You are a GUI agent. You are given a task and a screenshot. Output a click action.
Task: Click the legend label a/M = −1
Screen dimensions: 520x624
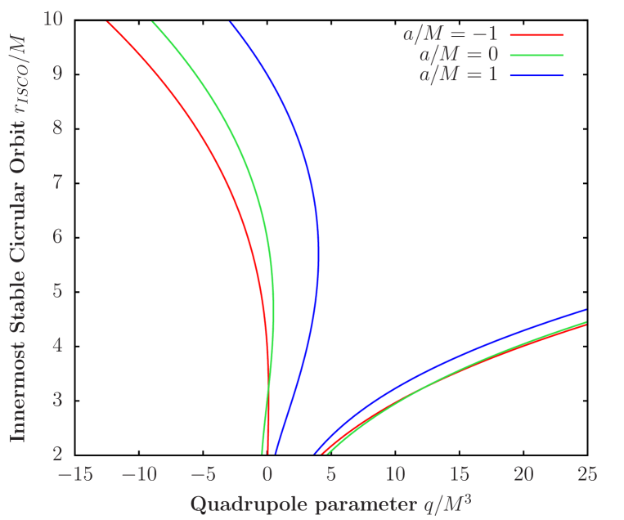coord(450,35)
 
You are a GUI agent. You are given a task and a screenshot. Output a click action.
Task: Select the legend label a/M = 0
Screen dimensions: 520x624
coord(458,55)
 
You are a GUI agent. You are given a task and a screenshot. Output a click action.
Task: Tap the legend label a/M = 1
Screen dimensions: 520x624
coord(458,75)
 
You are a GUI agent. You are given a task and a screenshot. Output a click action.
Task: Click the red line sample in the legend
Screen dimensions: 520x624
coord(536,36)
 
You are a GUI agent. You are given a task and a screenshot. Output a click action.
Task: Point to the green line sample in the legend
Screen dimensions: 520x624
coord(536,56)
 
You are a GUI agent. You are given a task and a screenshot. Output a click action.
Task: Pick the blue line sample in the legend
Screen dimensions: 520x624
coord(536,76)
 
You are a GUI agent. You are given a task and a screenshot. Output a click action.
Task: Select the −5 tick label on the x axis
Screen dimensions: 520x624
coord(204,474)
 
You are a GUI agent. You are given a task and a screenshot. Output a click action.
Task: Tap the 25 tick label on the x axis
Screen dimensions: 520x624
coord(586,474)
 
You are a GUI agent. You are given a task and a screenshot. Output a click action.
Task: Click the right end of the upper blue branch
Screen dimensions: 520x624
coord(586,310)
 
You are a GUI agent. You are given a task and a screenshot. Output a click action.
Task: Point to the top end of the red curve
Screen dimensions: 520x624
coord(106,21)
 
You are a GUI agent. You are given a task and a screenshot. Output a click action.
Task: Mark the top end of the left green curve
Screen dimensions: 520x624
coord(152,21)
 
